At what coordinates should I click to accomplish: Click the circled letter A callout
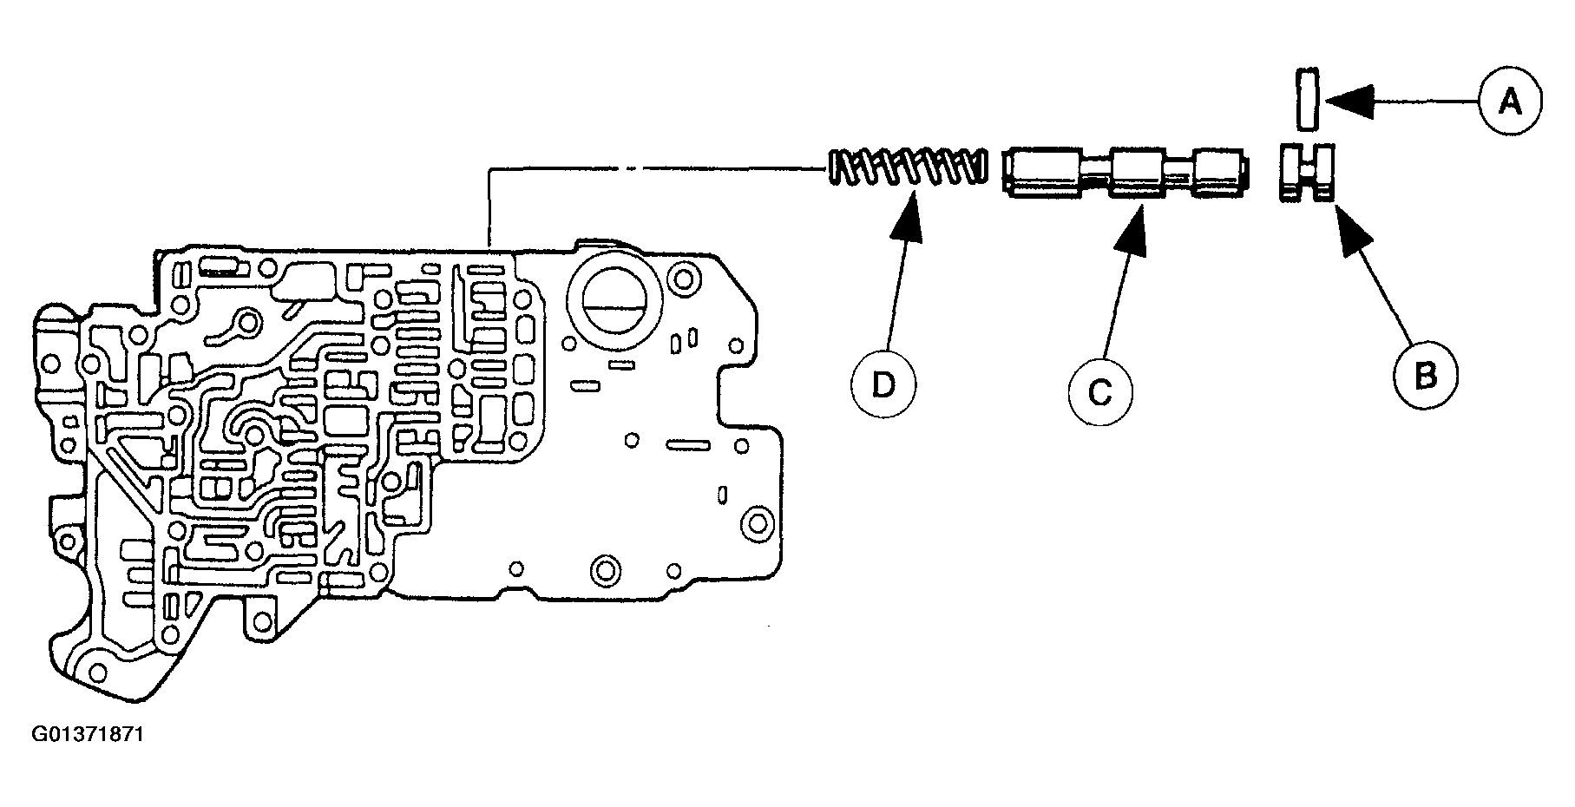(x=1510, y=103)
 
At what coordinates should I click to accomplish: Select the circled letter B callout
(x=1426, y=376)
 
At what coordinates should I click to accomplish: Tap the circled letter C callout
(x=1100, y=393)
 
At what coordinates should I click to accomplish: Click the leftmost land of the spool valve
(x=1042, y=174)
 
